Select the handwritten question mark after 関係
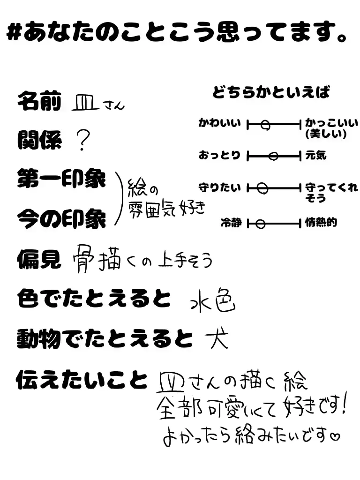83,140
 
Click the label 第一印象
61,179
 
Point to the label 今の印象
61,218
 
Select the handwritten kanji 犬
217,339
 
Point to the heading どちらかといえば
271,92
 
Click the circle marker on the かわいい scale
265,125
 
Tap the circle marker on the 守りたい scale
263,188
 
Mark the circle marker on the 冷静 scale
260,224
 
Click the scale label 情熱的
321,223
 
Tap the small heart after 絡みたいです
335,438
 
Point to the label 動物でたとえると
105,338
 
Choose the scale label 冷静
231,223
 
